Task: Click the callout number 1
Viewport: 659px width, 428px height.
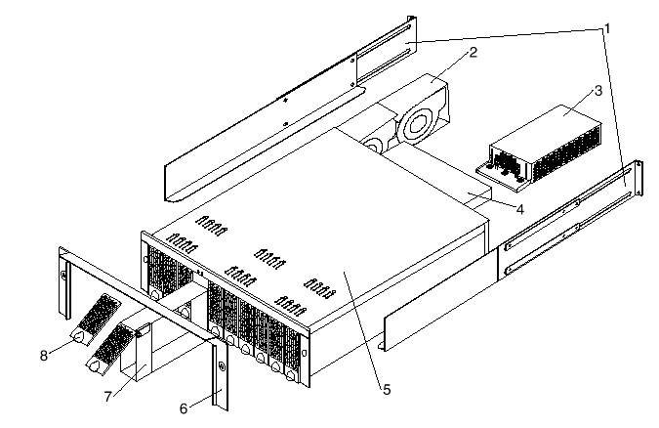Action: [606, 25]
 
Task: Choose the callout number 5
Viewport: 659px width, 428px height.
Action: [386, 390]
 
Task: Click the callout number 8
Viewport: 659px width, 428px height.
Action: [44, 354]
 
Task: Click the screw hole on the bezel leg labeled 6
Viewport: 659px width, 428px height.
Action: [222, 368]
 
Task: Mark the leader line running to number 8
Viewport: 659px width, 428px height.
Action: [62, 348]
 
